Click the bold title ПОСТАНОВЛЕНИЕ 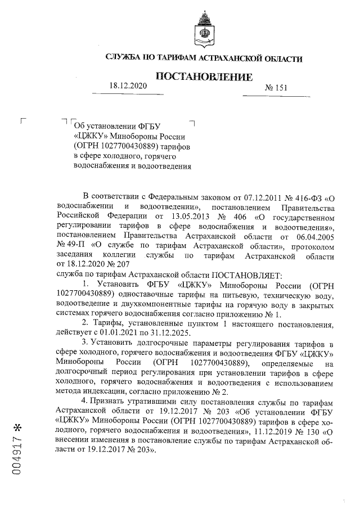204,76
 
